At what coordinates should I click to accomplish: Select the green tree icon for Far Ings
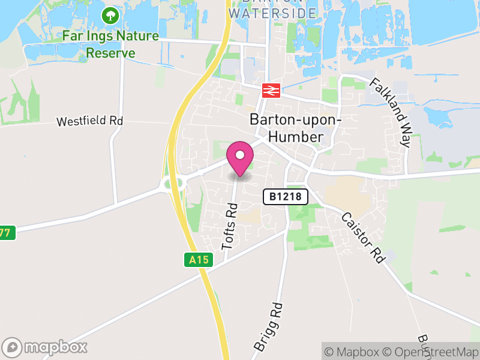(110, 14)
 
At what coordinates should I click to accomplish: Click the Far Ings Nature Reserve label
(111, 44)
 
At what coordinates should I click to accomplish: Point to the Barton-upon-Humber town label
(295, 128)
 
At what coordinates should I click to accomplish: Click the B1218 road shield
(286, 196)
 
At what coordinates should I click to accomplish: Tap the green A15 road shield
(193, 260)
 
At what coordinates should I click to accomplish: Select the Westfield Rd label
(89, 121)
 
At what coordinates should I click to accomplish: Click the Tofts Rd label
(230, 226)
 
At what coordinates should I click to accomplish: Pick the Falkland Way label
(390, 113)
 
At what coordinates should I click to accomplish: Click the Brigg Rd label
(268, 326)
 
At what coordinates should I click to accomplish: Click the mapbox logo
(46, 347)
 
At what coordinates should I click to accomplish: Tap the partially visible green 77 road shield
(6, 232)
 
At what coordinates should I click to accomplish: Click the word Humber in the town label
(295, 137)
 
